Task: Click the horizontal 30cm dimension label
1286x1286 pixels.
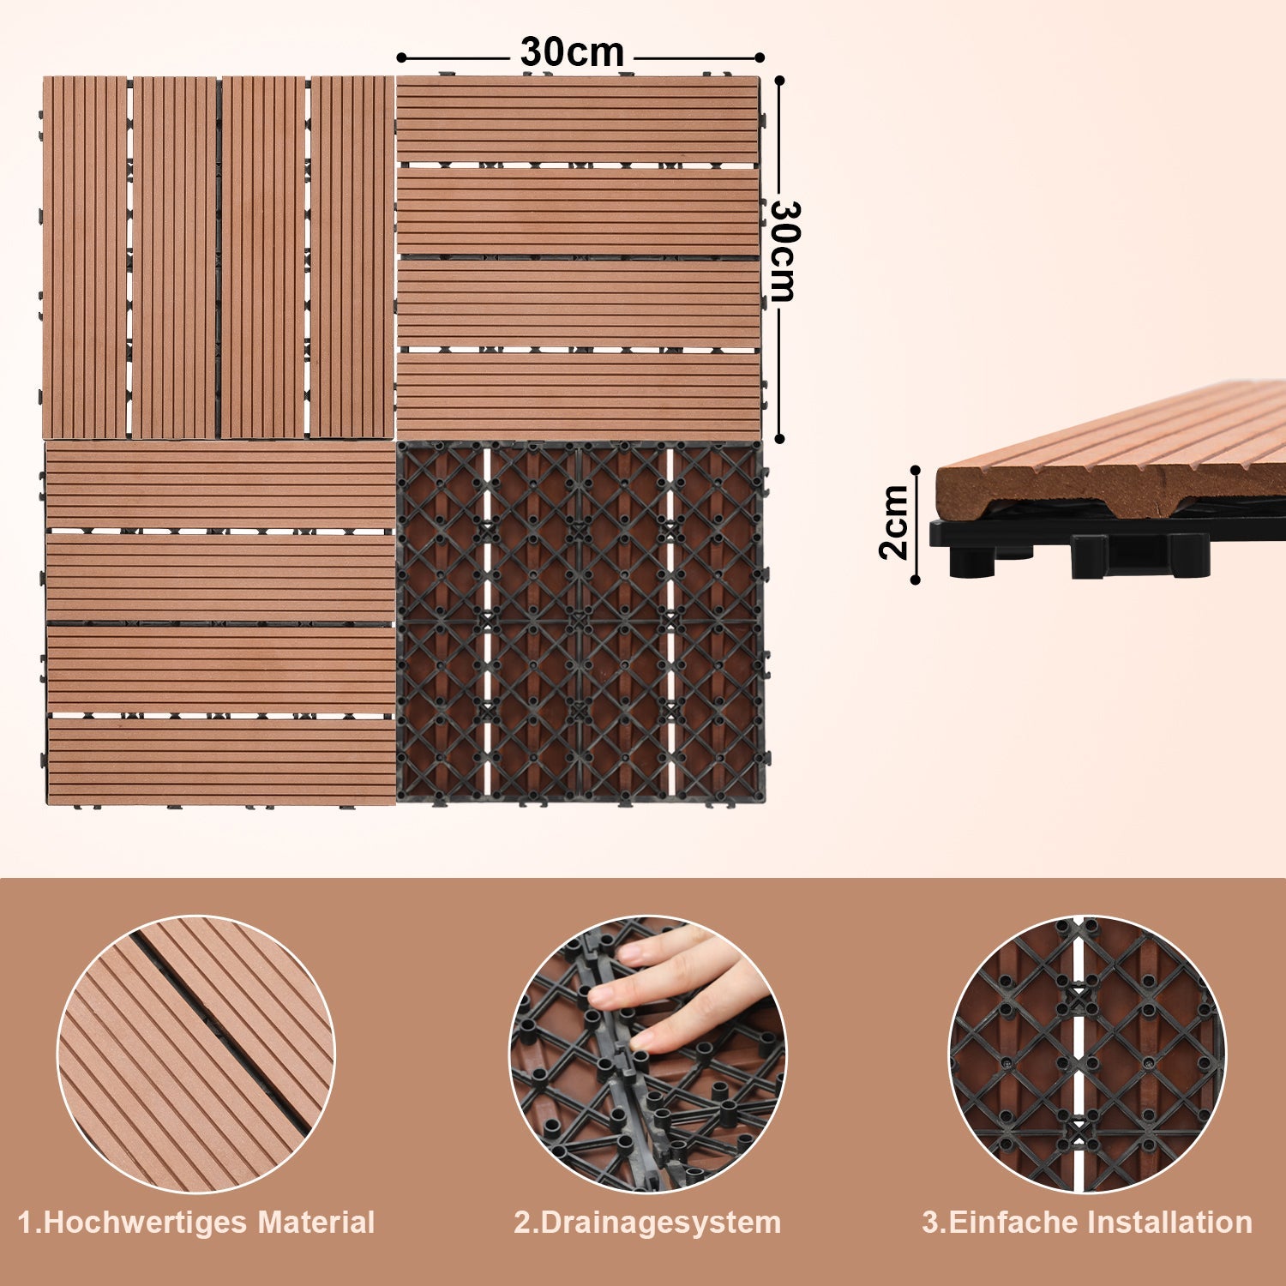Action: [x=572, y=52]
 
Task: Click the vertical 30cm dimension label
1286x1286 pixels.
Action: [x=784, y=251]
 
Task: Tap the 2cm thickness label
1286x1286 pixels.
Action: [x=894, y=522]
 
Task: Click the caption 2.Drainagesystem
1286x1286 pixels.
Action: [x=647, y=1223]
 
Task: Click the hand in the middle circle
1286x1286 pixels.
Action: [x=677, y=986]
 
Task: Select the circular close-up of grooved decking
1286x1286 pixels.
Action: [x=196, y=1055]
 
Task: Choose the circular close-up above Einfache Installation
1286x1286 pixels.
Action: [x=1087, y=1055]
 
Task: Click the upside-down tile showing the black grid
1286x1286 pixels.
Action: [x=580, y=622]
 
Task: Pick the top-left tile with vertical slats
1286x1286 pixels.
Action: [x=218, y=257]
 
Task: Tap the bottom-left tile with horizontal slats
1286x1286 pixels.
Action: [x=219, y=623]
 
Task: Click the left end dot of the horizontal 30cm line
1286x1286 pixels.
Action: [x=401, y=57]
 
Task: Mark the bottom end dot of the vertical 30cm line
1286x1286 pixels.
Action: [x=779, y=438]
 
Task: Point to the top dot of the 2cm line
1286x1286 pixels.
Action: [x=916, y=470]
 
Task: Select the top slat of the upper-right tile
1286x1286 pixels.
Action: [x=579, y=119]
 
